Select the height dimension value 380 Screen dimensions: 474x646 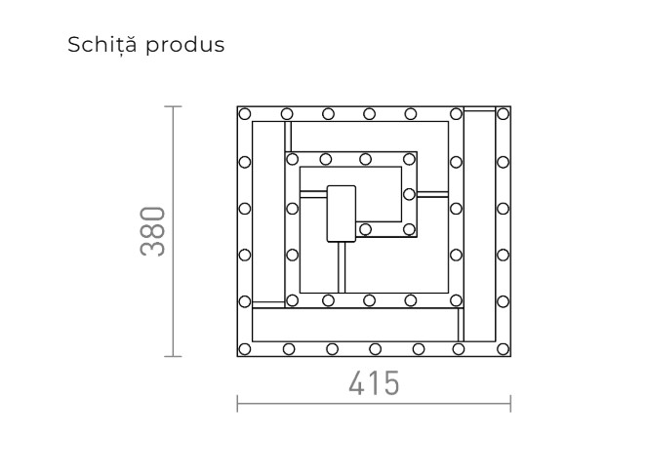tap(153, 231)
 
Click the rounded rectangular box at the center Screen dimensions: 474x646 tap(342, 212)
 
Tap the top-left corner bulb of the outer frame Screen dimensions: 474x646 tap(245, 113)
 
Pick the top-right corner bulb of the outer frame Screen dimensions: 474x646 tap(503, 113)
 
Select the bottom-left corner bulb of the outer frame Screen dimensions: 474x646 tap(245, 347)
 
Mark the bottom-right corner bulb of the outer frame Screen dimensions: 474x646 tap(503, 347)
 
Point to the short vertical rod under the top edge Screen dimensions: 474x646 tap(288, 136)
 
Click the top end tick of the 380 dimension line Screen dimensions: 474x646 tap(174, 105)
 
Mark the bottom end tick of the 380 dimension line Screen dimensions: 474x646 tap(174, 357)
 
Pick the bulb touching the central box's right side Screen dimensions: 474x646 tap(365, 230)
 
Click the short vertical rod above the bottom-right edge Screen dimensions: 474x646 tap(458, 323)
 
